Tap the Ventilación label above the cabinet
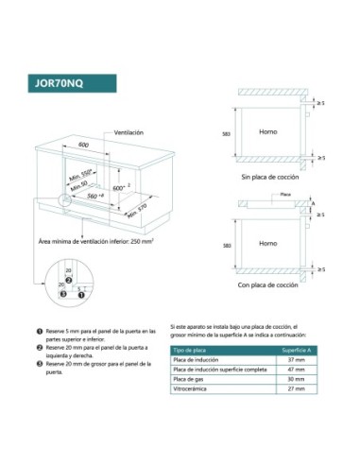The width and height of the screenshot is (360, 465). click(x=129, y=132)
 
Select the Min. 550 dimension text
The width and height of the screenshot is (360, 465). click(x=80, y=176)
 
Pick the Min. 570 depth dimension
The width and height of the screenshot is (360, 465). click(x=139, y=212)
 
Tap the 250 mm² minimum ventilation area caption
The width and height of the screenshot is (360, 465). click(x=95, y=242)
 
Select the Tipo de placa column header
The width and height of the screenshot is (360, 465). click(x=192, y=350)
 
